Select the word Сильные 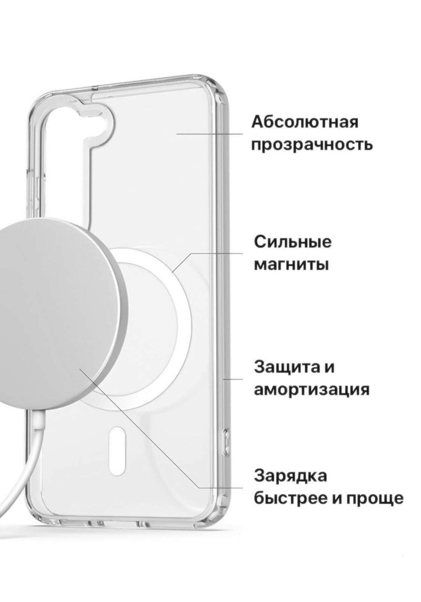(x=293, y=242)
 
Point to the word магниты (x=291, y=265)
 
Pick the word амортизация (x=311, y=390)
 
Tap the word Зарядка (x=290, y=476)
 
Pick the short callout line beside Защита (x=233, y=379)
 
